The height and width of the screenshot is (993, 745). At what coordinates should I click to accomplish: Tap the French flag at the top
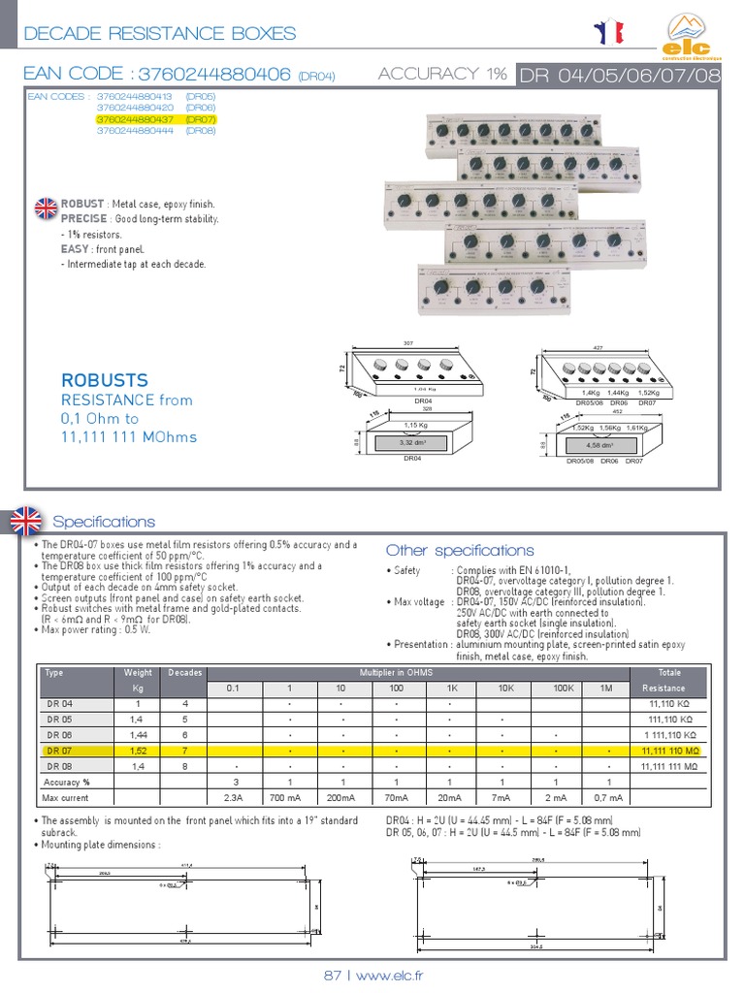point(610,33)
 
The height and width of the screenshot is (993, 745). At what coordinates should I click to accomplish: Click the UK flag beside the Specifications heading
point(25,521)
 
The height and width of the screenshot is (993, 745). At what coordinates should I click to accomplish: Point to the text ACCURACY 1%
point(442,74)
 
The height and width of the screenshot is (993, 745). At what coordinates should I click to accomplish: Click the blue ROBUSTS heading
point(105,380)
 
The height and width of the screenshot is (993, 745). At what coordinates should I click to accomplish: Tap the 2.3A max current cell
point(233,798)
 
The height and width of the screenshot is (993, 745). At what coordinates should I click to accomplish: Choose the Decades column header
point(184,672)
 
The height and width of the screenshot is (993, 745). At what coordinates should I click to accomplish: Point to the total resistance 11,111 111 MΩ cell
point(668,766)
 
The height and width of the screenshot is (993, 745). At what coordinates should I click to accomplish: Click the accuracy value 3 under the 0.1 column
point(233,782)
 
